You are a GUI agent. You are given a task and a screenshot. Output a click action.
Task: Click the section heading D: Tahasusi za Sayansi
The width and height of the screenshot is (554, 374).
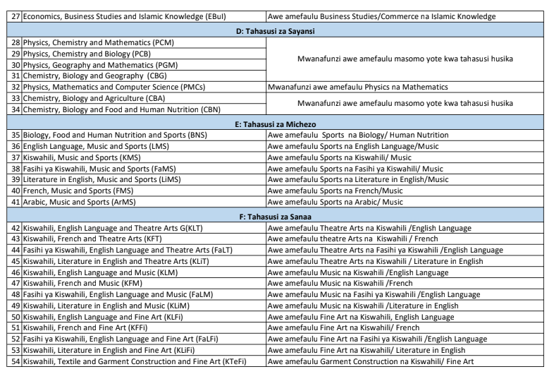(277, 32)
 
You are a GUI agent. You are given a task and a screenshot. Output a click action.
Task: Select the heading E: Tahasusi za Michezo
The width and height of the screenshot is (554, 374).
(277, 123)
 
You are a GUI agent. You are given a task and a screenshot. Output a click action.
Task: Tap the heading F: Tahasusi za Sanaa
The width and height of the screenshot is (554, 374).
(277, 215)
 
